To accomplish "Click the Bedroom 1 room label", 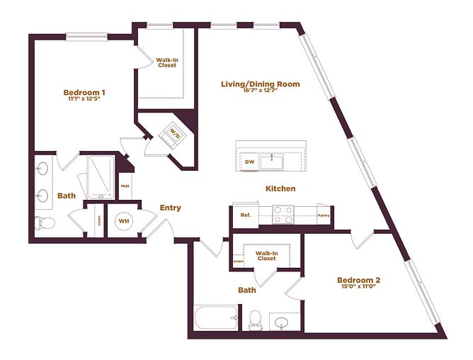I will [84, 93].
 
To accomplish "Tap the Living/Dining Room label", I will [260, 84].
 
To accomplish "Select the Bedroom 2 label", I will [359, 279].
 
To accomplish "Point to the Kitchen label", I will [280, 189].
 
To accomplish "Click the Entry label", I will [170, 208].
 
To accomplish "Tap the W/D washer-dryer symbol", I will [174, 134].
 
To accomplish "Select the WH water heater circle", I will [124, 221].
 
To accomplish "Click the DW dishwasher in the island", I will [249, 162].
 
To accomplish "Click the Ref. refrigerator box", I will [246, 215].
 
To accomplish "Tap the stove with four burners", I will [283, 215].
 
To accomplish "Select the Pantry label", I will [324, 215].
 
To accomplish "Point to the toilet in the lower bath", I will [256, 319].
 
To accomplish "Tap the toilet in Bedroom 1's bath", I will [47, 223].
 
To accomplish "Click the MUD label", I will [125, 186].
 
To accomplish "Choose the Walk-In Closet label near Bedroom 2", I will [266, 255].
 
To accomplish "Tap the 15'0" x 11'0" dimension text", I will [359, 287].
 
